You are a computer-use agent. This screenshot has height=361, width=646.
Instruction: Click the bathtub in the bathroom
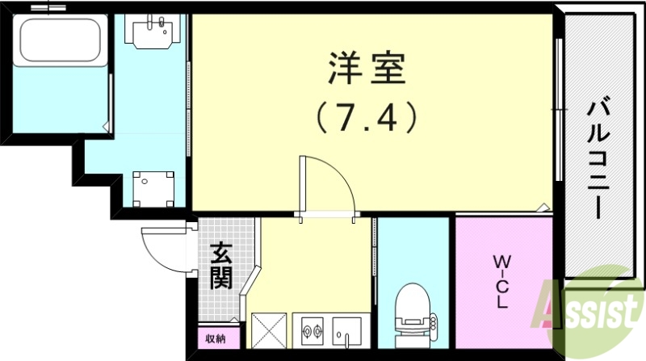pyautogui.click(x=60, y=44)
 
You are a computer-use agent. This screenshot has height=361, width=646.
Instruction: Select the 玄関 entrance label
pyautogui.click(x=222, y=267)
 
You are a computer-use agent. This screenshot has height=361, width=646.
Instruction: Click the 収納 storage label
pyautogui.click(x=215, y=338)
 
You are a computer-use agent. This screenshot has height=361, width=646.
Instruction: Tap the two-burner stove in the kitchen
pyautogui.click(x=312, y=330)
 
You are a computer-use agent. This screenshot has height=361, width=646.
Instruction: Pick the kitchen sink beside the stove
pyautogui.click(x=349, y=330)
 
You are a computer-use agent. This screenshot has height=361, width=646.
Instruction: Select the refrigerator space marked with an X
pyautogui.click(x=268, y=330)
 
